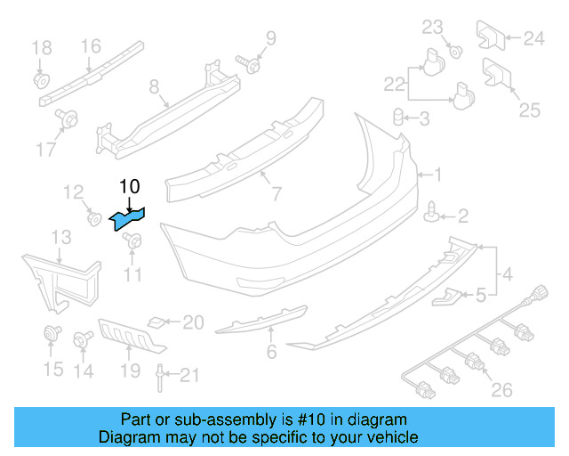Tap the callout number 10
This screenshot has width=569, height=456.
[129, 186]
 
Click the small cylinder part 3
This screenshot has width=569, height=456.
[399, 116]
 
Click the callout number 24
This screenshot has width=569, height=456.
[533, 37]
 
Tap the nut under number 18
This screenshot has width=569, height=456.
[41, 80]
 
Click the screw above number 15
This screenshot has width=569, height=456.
[51, 336]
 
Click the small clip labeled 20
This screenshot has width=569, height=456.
[156, 322]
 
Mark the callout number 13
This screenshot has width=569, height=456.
[60, 236]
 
